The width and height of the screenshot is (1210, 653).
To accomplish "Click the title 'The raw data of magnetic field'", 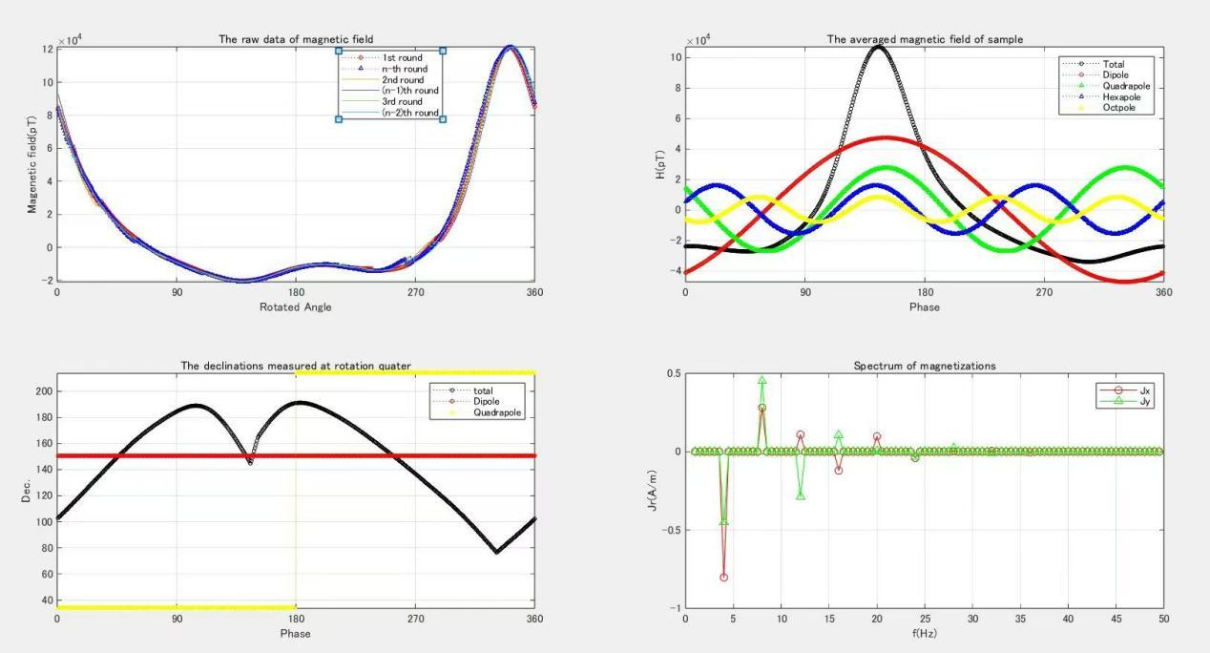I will (x=296, y=39).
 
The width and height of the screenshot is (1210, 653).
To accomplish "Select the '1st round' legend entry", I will (x=402, y=57).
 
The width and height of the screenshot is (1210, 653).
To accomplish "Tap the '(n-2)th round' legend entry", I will (x=410, y=114).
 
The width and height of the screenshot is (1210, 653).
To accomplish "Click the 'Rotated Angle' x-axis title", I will (x=296, y=307).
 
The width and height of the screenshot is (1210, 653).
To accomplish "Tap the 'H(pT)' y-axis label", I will (x=660, y=162).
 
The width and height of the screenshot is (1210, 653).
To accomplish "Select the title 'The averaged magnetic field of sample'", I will (x=924, y=39).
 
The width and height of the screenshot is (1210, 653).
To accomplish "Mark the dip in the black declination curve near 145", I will (x=250, y=462).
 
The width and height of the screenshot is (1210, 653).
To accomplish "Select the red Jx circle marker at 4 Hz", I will (x=724, y=578).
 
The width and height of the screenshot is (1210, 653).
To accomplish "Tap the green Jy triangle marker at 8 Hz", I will (x=762, y=380).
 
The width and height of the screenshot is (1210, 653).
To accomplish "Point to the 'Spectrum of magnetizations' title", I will (x=924, y=366).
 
